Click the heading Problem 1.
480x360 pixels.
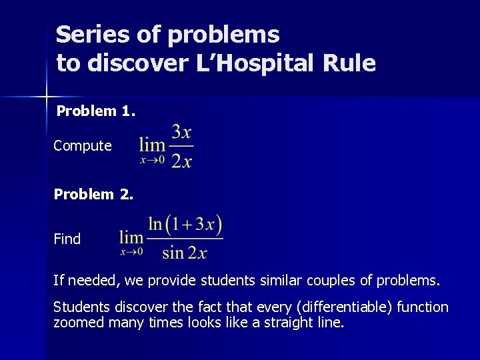click(96, 111)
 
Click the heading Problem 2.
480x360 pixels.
click(93, 195)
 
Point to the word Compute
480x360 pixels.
click(83, 145)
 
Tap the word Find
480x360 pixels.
click(67, 239)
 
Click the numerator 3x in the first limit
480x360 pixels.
click(182, 131)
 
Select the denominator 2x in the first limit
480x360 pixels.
click(181, 161)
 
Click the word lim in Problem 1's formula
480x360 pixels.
click(152, 145)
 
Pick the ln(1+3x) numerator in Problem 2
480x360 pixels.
click(185, 223)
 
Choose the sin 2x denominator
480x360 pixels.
click(185, 252)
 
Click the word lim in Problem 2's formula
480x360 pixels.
click(131, 237)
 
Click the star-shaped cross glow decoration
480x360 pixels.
click(46, 97)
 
